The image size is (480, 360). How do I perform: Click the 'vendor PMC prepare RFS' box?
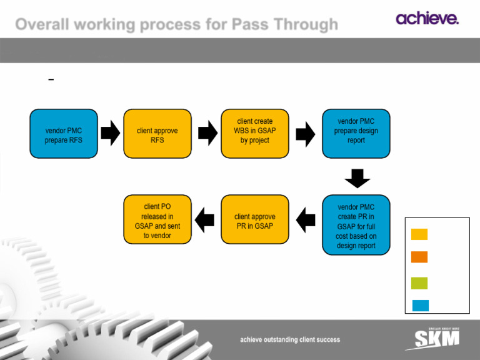point(64,135)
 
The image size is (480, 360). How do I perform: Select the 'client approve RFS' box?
point(157,135)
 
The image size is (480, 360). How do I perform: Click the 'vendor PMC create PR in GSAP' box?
point(356,226)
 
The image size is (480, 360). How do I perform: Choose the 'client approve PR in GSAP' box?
point(254,219)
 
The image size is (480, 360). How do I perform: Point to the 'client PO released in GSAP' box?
point(157,219)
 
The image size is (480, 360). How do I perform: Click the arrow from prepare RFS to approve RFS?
point(110,134)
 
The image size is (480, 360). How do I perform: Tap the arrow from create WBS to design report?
point(305,134)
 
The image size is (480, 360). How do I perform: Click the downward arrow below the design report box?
point(357,177)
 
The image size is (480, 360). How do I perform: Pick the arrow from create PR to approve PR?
point(306,219)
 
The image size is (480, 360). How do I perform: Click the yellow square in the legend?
point(419,234)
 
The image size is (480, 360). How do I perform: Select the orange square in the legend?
point(419,257)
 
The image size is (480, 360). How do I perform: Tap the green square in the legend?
point(419,283)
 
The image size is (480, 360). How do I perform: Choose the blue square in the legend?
point(419,306)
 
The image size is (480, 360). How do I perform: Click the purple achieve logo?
point(427,18)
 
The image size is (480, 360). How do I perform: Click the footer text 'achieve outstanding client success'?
point(291,339)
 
